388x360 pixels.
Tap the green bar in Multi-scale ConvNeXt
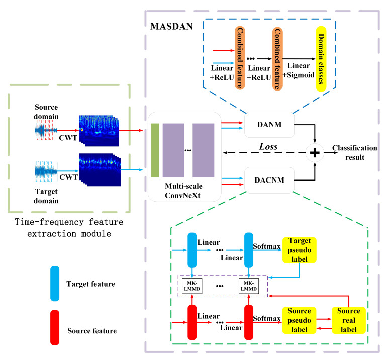[x=155, y=149]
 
